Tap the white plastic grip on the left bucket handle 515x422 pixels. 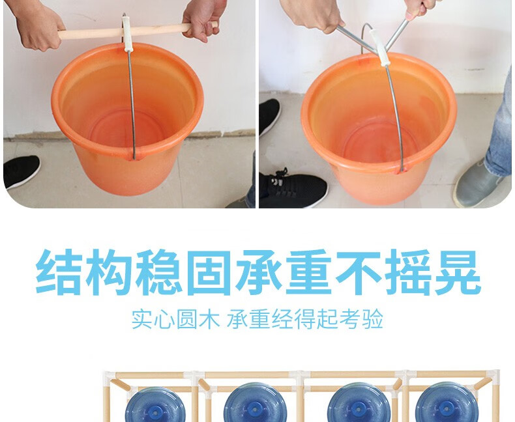pyautogui.click(x=126, y=34)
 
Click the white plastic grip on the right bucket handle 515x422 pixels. pyautogui.click(x=379, y=48)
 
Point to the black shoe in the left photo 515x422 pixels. pyautogui.click(x=22, y=171)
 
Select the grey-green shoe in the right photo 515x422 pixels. pyautogui.click(x=477, y=184)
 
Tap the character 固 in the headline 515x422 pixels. pyautogui.click(x=208, y=272)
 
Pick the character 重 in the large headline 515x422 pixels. pyautogui.click(x=308, y=272)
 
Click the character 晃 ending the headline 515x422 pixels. pyautogui.click(x=458, y=272)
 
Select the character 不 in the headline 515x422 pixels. pyautogui.click(x=359, y=272)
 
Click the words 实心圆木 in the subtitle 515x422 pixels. pyautogui.click(x=175, y=318)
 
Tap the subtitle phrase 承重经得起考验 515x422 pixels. pyautogui.click(x=305, y=318)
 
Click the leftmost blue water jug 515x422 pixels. pyautogui.click(x=155, y=405)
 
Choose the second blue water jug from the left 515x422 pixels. pyautogui.click(x=256, y=403)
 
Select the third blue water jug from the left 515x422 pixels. pyautogui.click(x=359, y=403)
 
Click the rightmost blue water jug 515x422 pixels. pyautogui.click(x=446, y=403)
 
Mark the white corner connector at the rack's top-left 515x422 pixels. pyautogui.click(x=110, y=376)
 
